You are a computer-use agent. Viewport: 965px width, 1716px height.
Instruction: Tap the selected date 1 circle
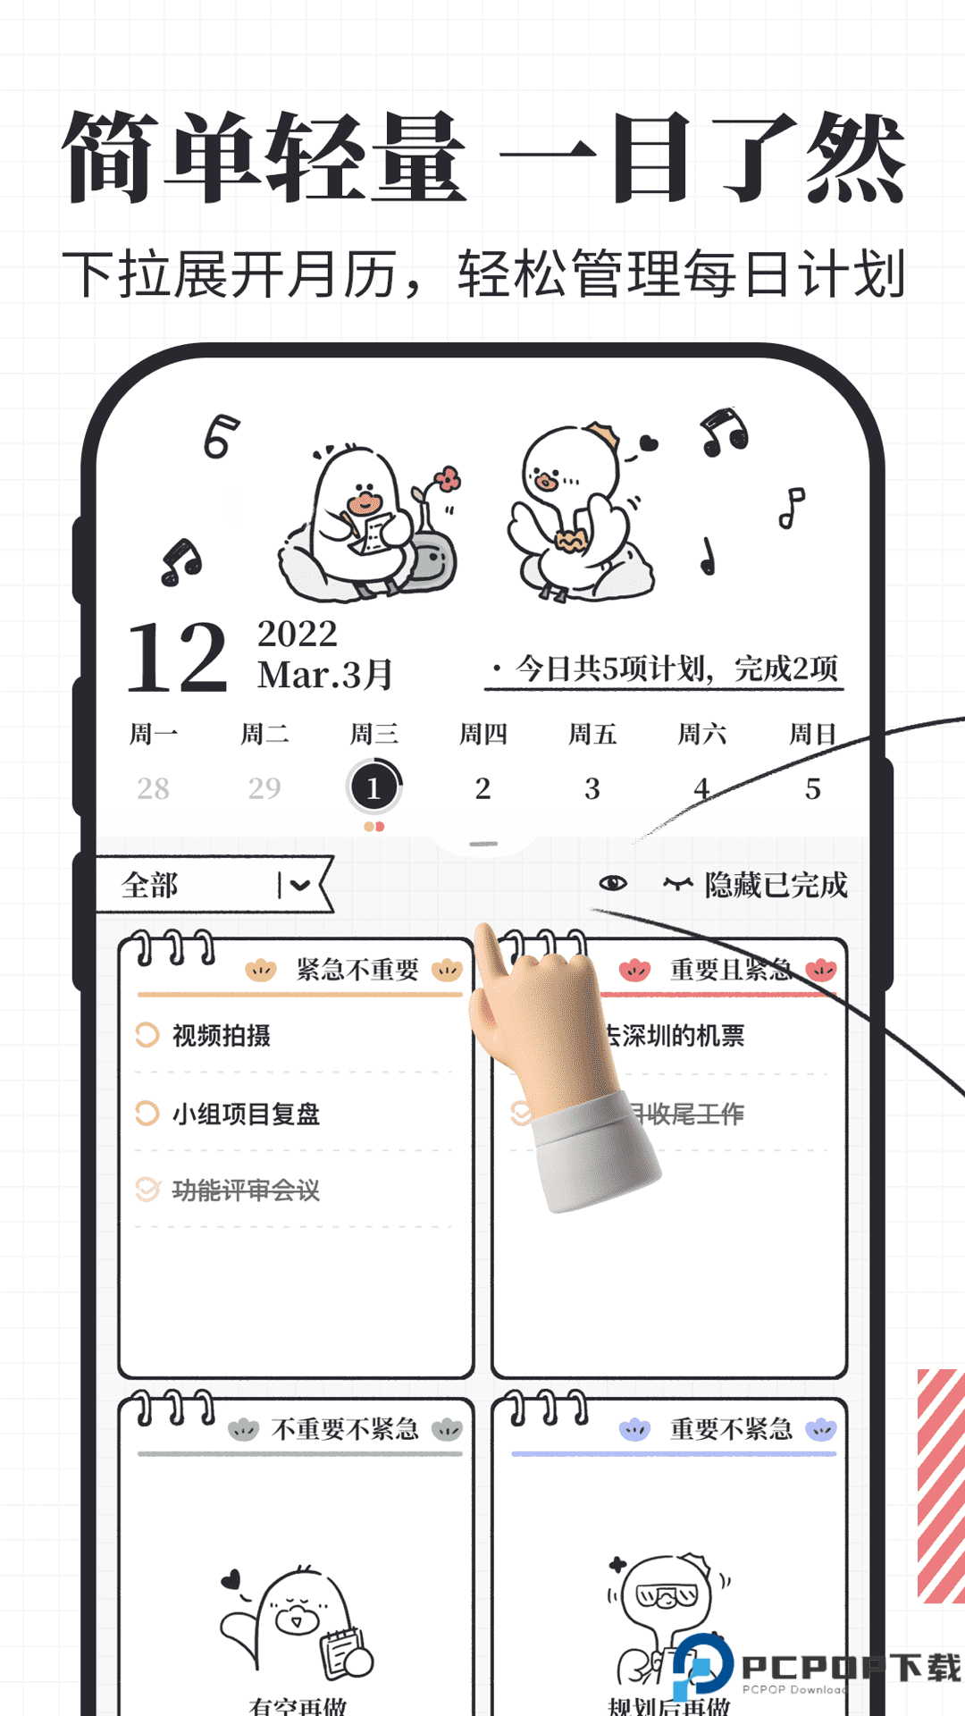click(373, 787)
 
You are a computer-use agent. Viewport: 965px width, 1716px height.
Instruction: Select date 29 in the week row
click(264, 787)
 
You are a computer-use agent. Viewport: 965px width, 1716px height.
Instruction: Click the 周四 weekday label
click(482, 735)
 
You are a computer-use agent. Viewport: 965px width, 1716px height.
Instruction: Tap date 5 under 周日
click(812, 788)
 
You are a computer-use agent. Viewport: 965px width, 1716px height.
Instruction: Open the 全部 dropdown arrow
click(298, 885)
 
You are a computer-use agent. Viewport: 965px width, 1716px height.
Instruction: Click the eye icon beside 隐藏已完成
click(613, 883)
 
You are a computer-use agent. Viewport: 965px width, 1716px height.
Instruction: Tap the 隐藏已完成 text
click(776, 885)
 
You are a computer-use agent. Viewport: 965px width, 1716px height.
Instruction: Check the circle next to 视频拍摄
click(147, 1035)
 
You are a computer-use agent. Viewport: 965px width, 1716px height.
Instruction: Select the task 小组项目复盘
click(246, 1114)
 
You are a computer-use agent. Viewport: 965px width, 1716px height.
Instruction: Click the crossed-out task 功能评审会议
click(246, 1190)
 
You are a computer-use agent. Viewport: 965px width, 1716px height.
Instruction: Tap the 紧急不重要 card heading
click(357, 970)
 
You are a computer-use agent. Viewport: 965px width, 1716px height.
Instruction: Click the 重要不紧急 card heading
click(731, 1429)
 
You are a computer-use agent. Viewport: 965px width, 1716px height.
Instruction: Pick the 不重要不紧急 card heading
click(345, 1429)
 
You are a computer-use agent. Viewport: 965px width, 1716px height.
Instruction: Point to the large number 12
click(177, 658)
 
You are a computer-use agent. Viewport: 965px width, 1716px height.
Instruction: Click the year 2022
click(298, 634)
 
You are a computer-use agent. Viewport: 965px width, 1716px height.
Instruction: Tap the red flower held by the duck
click(448, 479)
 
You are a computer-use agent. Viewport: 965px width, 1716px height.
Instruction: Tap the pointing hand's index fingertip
click(486, 935)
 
